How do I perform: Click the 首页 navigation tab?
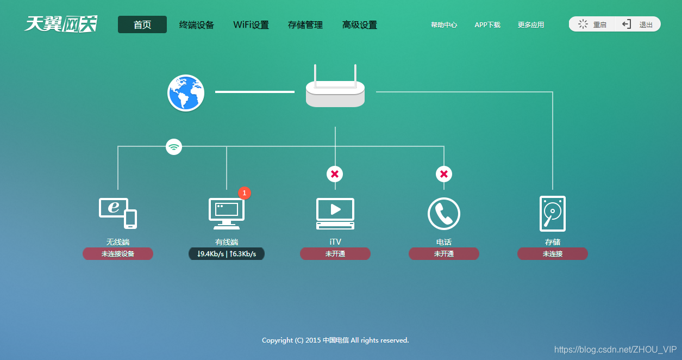[x=142, y=24]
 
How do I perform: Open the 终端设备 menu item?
[x=197, y=24]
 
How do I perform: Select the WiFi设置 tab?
[x=251, y=24]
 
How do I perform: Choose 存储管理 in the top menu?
[x=305, y=24]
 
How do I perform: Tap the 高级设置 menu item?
[x=360, y=24]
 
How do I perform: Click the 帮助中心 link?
[x=444, y=24]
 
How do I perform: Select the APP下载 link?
[x=487, y=24]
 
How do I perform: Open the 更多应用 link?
[x=531, y=24]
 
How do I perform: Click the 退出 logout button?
[x=638, y=24]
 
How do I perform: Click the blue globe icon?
[x=186, y=93]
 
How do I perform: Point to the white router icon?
[x=335, y=90]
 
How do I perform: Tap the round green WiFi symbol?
[x=174, y=146]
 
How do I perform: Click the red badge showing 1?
[x=245, y=193]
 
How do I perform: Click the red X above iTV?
[x=335, y=174]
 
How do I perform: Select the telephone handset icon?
[x=444, y=214]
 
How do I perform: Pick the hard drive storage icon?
[x=553, y=214]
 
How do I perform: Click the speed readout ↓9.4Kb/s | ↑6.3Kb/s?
[x=227, y=254]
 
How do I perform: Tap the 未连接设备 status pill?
[x=118, y=254]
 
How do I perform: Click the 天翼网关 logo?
[x=61, y=24]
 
